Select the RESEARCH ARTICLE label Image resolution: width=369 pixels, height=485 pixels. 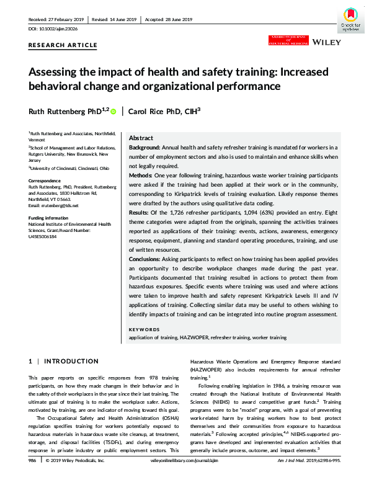point(63,45)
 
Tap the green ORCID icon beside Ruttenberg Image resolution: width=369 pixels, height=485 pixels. point(113,111)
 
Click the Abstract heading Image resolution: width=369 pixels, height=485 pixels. point(141,138)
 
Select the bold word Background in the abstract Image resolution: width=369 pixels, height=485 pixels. point(144,148)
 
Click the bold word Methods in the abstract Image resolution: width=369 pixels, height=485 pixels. point(141,177)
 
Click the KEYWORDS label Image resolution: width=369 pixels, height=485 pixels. point(143,329)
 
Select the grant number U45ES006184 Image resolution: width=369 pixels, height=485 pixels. point(47,237)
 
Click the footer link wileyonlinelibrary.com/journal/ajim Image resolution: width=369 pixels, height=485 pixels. point(185,478)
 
